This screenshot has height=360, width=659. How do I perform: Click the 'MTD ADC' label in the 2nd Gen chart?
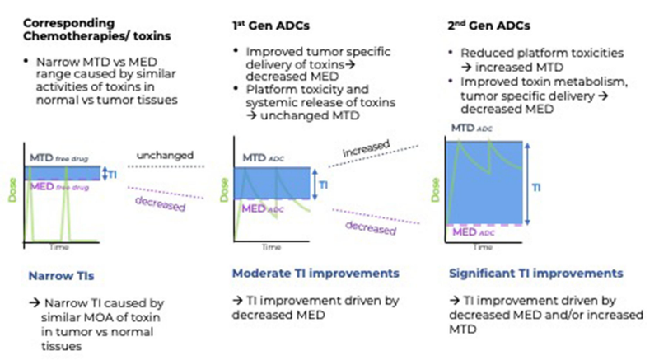[472, 130]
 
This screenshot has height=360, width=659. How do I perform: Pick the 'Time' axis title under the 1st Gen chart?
[271, 246]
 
